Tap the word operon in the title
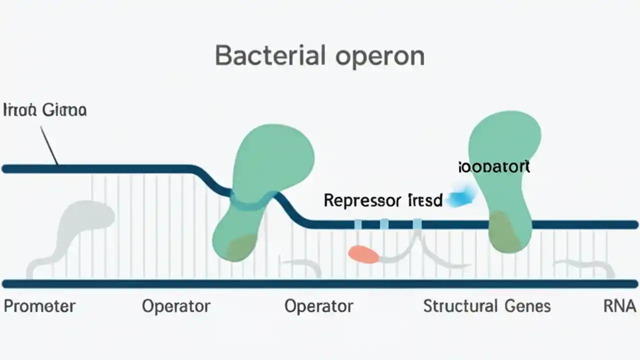[x=380, y=56]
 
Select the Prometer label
[x=39, y=306]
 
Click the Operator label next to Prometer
[x=176, y=306]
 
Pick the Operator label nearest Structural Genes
[x=318, y=306]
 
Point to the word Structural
[x=460, y=306]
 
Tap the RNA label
[x=620, y=306]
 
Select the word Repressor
[x=362, y=201]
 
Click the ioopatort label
[x=494, y=167]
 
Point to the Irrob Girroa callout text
[x=45, y=110]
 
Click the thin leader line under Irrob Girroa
[x=48, y=145]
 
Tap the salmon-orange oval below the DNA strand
[x=363, y=254]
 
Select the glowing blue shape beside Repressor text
[x=461, y=195]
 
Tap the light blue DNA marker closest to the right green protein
[x=417, y=224]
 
